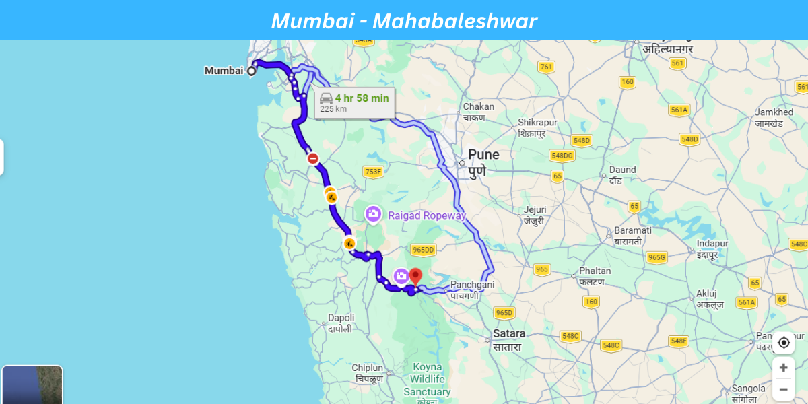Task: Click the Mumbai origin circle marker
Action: coord(252,71)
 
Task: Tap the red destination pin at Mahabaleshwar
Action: coord(415,276)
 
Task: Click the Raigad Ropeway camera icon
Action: coord(373,214)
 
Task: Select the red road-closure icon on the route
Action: coord(312,159)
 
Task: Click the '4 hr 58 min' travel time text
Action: coord(362,98)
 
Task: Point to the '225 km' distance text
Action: coord(333,109)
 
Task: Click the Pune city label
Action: coord(483,155)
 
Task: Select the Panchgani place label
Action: coord(472,285)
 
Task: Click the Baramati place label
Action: coord(632,230)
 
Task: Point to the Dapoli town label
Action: coord(341,318)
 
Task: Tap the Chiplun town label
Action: coord(368,368)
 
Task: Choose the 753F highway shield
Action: coord(372,172)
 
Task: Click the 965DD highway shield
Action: coord(423,250)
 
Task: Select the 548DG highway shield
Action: coord(562,156)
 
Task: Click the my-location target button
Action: coord(783,343)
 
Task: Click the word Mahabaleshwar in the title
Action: coord(454,22)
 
